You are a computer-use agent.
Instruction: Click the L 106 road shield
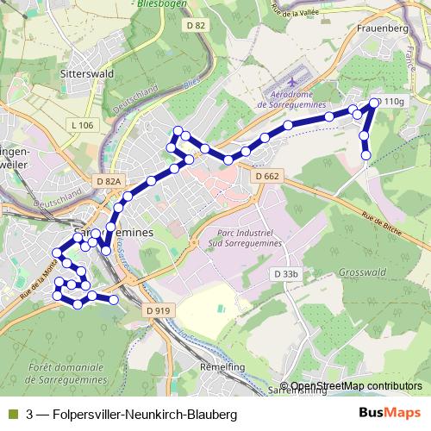(83, 126)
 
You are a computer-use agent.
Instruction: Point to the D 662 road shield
(267, 176)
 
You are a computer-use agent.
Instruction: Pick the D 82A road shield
(109, 182)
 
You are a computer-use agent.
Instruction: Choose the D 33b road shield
(285, 274)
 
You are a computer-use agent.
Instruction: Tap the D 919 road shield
(158, 309)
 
